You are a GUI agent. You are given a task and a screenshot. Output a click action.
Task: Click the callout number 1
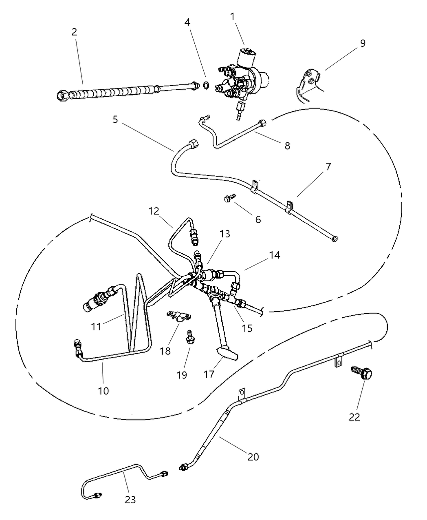tap(232, 16)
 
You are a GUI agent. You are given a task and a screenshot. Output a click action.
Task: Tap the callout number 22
tap(354, 417)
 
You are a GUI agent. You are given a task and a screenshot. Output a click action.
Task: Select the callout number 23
tap(130, 500)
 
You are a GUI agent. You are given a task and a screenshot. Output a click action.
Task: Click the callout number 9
tap(362, 43)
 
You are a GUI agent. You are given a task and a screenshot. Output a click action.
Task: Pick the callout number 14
tap(274, 255)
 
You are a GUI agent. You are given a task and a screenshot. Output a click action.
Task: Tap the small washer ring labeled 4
tap(206, 85)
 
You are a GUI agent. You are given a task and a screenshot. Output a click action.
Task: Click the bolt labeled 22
tap(363, 373)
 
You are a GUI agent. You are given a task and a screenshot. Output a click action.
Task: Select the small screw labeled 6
tap(228, 199)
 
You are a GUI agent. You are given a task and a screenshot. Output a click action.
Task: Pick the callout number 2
tap(74, 32)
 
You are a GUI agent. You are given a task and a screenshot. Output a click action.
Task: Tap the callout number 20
tap(253, 457)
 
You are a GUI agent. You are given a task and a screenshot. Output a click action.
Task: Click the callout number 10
tap(103, 391)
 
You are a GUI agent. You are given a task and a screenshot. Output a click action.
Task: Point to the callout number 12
tap(153, 211)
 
